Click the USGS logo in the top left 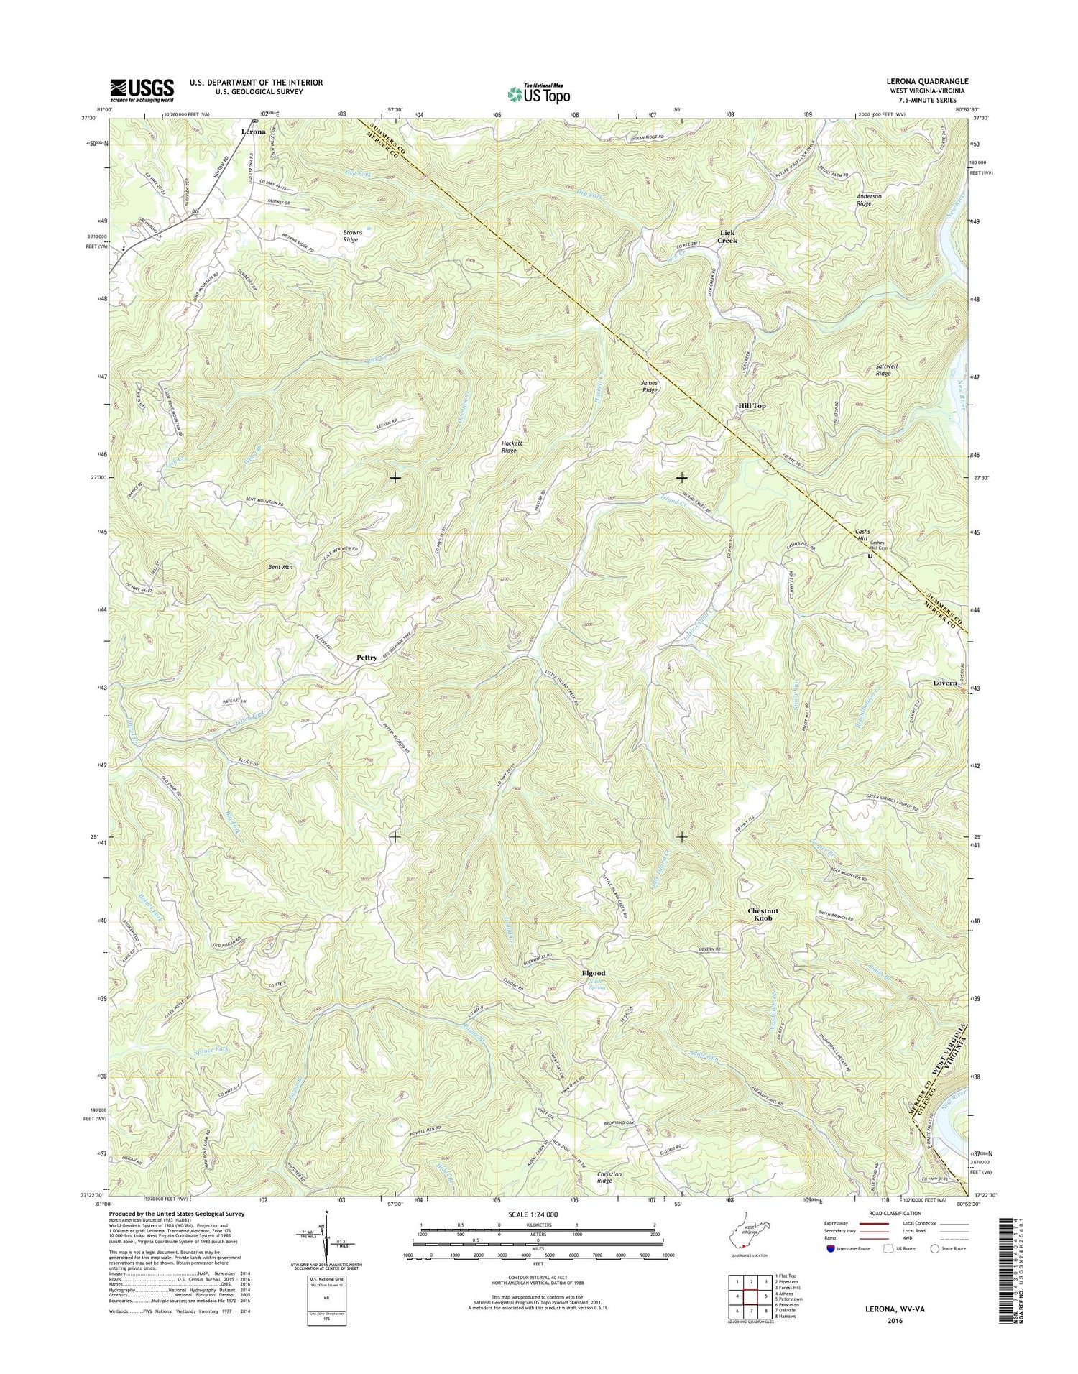pos(142,88)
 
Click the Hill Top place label pos(752,406)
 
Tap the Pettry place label pos(367,658)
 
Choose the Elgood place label pos(593,973)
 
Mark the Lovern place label pos(945,683)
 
